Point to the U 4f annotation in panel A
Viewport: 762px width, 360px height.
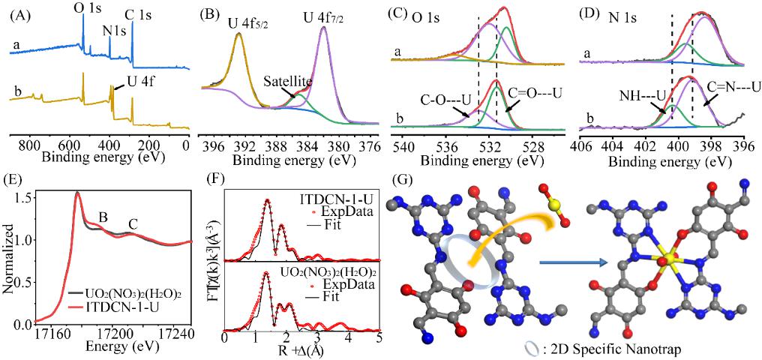(133, 74)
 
